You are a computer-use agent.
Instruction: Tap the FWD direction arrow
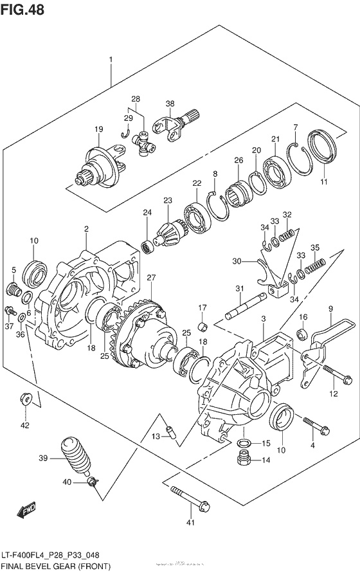26,512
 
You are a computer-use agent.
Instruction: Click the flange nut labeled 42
26,399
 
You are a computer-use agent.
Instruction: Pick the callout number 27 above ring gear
151,278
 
